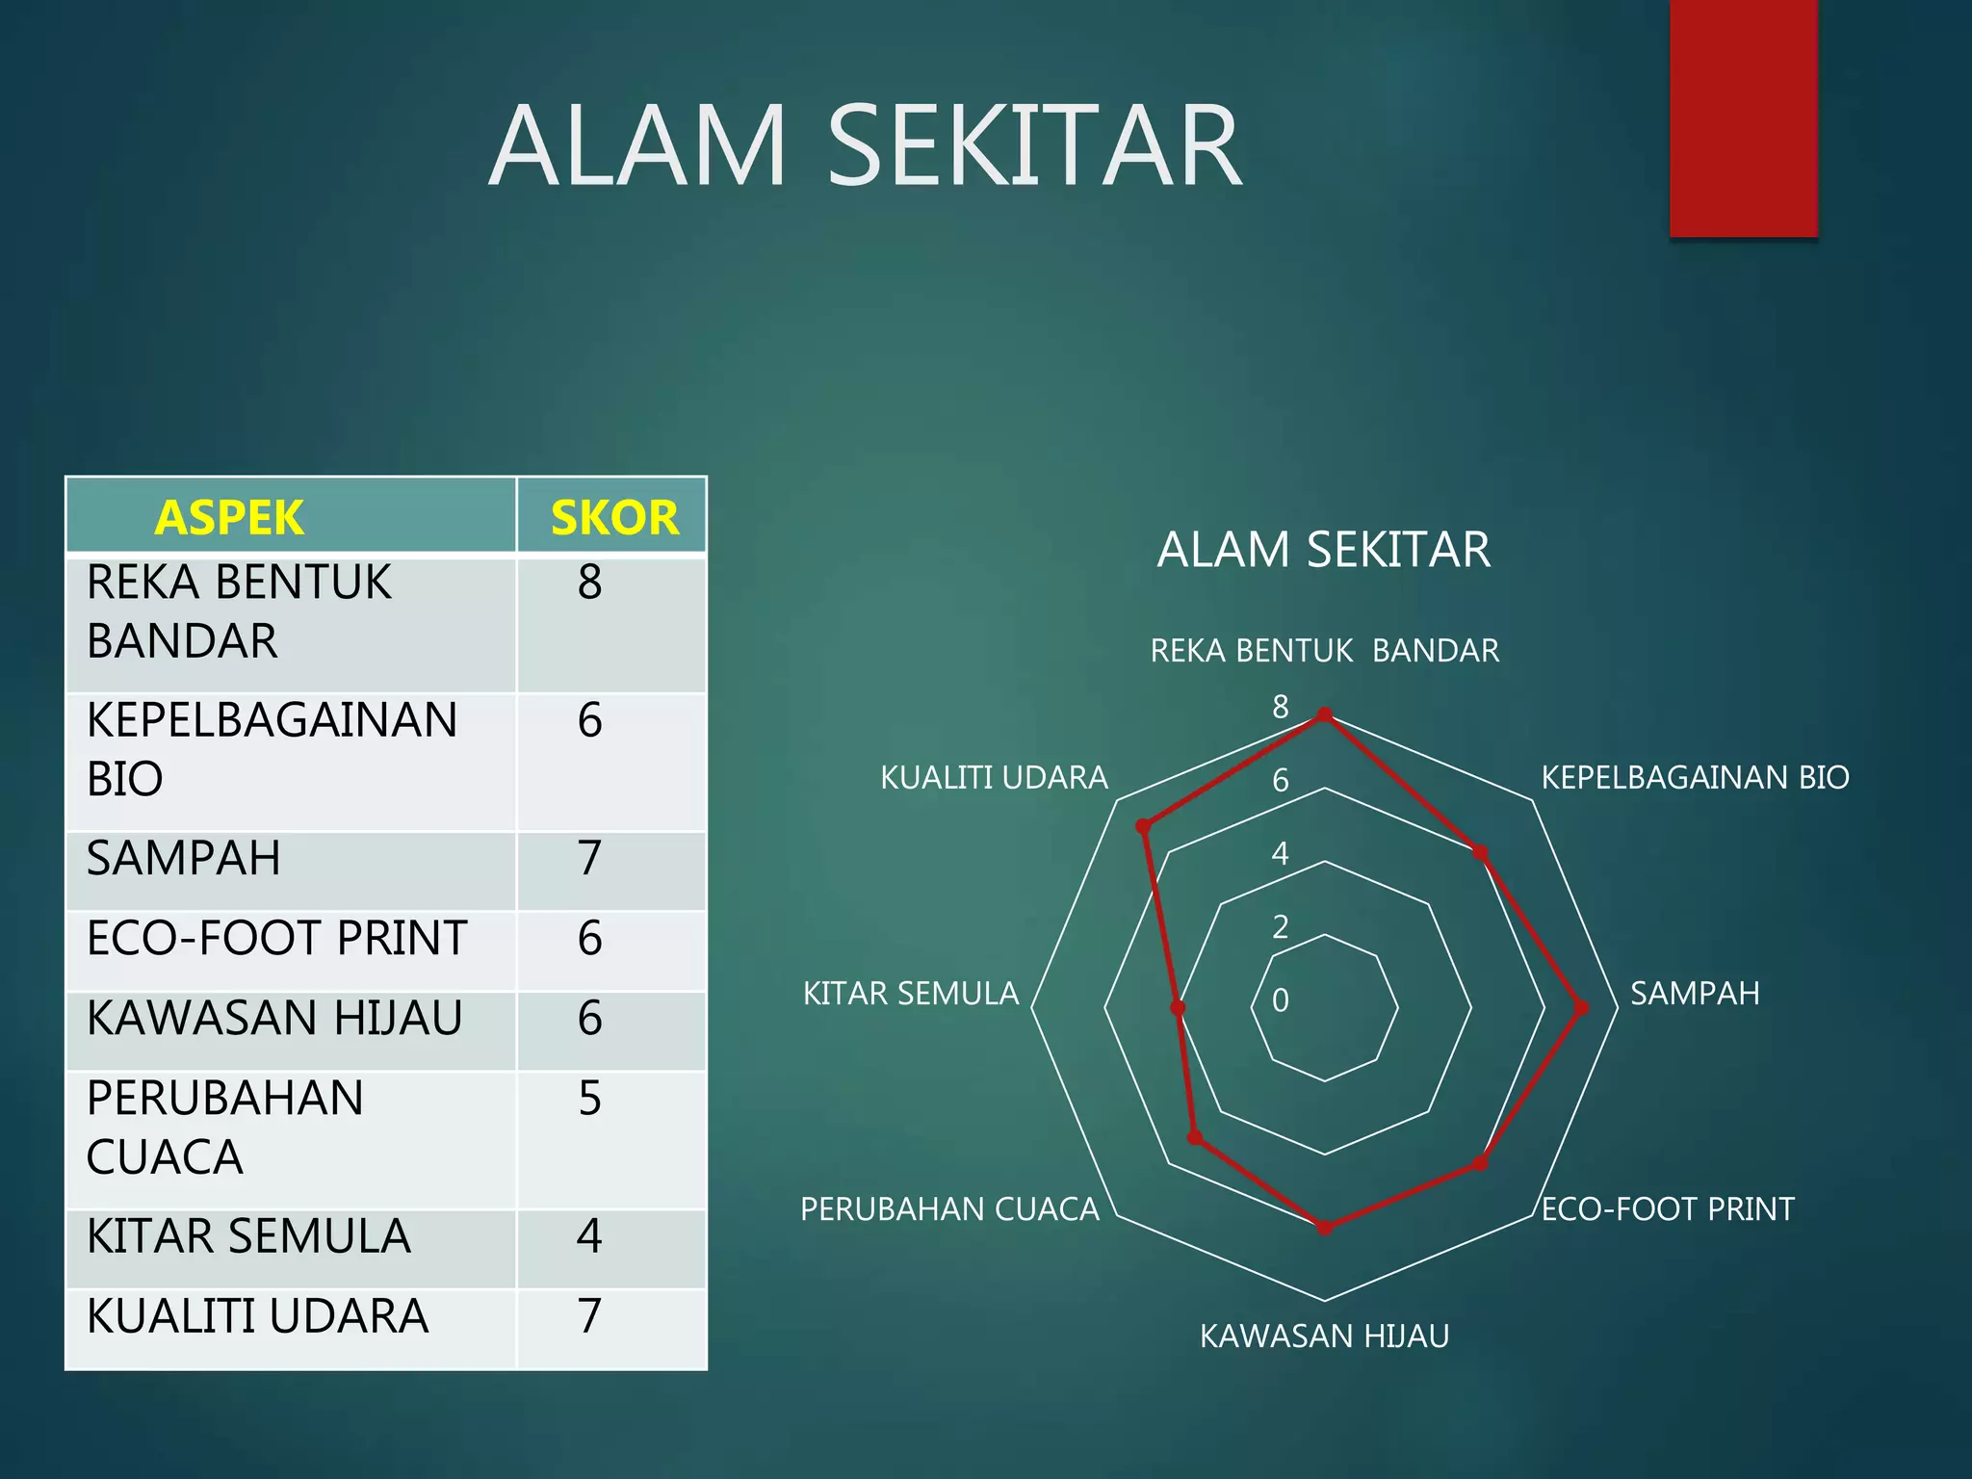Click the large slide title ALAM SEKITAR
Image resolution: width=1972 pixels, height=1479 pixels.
[865, 146]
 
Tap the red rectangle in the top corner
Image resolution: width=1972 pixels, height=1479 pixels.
[1743, 117]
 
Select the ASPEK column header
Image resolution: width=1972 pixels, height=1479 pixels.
[229, 517]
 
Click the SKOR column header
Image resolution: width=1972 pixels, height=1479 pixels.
[613, 517]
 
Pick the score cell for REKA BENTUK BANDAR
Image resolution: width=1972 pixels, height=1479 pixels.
[590, 584]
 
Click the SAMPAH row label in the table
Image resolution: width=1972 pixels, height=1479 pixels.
[184, 858]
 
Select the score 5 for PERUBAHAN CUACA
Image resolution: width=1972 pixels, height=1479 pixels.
[590, 1099]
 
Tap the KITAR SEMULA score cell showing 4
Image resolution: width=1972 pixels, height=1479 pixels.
[590, 1236]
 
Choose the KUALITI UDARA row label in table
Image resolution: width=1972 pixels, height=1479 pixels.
[257, 1316]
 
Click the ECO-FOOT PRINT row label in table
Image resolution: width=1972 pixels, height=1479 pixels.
[276, 938]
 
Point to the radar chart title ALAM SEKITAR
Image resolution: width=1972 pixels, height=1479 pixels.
[1323, 550]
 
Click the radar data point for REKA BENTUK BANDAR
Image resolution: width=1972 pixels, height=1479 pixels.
[1325, 714]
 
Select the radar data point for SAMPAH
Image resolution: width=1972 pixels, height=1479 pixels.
[1581, 1008]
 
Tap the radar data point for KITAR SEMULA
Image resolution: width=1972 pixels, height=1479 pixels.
[1178, 1008]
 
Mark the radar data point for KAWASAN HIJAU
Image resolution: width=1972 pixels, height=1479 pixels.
[1325, 1228]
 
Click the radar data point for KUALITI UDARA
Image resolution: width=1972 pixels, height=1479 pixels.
[1143, 826]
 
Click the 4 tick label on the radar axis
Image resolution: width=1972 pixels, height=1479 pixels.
[1280, 853]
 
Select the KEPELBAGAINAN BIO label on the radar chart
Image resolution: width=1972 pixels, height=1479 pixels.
[1695, 777]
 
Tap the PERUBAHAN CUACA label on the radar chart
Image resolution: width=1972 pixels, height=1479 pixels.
[949, 1209]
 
